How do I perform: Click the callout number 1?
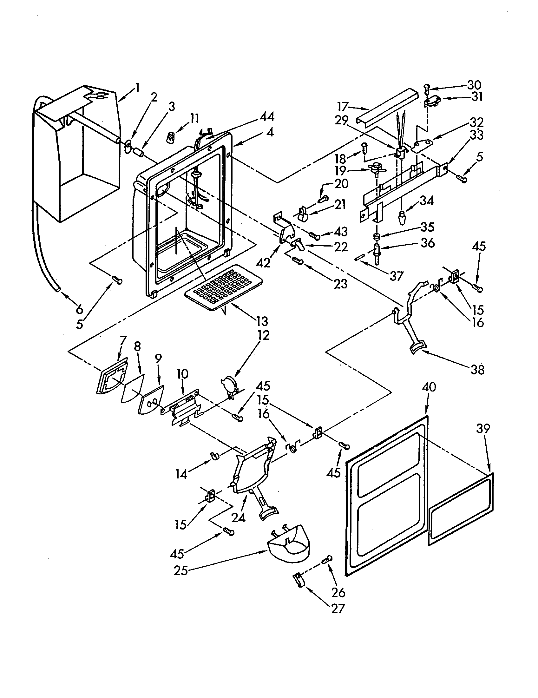point(137,88)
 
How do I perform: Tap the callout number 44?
point(266,117)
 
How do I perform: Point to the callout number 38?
point(477,370)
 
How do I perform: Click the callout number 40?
point(429,387)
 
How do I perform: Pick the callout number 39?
point(483,428)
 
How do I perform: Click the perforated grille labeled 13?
point(223,287)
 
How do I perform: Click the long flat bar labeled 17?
point(387,107)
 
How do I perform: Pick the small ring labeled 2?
point(128,144)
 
